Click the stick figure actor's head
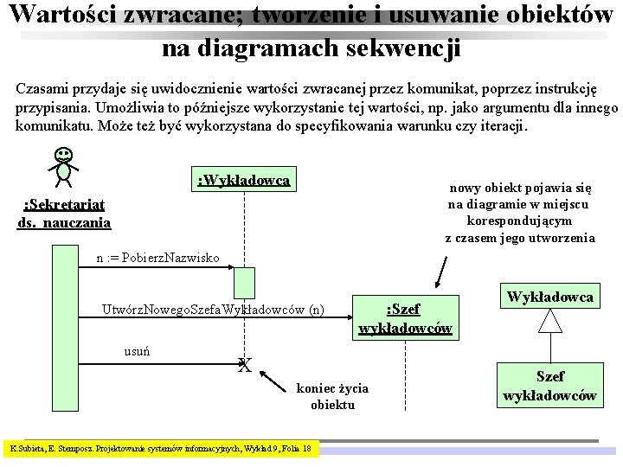point(63,156)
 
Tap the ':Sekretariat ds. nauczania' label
point(64,213)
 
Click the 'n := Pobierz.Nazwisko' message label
point(157,258)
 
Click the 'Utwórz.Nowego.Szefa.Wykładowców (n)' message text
point(213,309)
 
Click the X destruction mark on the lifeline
point(245,366)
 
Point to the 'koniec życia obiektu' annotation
point(332,396)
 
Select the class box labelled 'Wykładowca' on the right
point(549,297)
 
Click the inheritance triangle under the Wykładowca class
point(549,322)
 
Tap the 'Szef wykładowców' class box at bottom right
point(549,386)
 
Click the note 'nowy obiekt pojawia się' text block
point(519,213)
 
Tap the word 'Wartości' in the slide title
point(59,15)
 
